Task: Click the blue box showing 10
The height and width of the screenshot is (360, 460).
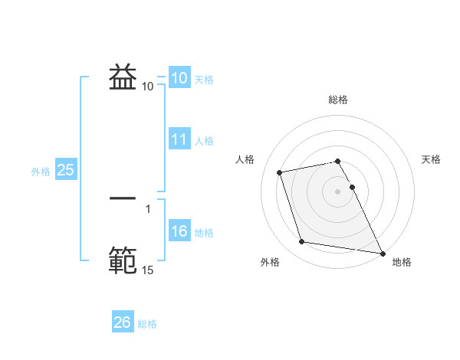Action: [179, 78]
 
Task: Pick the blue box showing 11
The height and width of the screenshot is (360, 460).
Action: [179, 139]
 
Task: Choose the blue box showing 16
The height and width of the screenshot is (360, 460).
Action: [179, 231]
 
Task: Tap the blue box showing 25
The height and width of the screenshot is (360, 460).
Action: [66, 170]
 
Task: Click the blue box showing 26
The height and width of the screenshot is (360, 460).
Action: [123, 322]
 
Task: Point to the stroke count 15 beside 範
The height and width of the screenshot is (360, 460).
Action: [147, 270]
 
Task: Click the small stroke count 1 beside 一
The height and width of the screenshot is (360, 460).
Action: [147, 208]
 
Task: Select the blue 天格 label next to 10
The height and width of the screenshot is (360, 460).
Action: [204, 80]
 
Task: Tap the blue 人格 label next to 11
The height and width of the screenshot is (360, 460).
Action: [204, 141]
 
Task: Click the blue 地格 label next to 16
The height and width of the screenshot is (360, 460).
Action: [204, 233]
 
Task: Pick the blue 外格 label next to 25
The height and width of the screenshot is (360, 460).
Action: [41, 172]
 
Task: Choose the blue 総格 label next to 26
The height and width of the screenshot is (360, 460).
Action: [147, 324]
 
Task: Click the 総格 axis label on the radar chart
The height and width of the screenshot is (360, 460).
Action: [338, 100]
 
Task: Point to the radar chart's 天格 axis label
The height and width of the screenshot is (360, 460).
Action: [432, 159]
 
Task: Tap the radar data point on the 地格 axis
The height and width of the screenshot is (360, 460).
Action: [381, 252]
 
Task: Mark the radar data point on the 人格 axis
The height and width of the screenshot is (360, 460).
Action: [280, 172]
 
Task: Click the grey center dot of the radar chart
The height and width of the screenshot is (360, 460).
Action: [338, 191]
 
